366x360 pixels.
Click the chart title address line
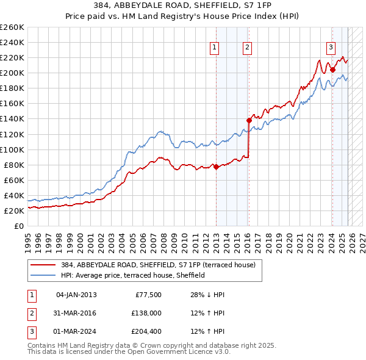183,5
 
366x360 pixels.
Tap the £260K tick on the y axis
12,27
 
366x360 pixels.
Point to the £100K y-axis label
12,149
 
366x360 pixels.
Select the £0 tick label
20,226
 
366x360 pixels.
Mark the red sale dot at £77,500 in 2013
216,167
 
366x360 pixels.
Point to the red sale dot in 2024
332,70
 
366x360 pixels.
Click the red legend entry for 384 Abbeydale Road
162,264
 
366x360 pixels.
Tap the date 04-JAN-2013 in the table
76,295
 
